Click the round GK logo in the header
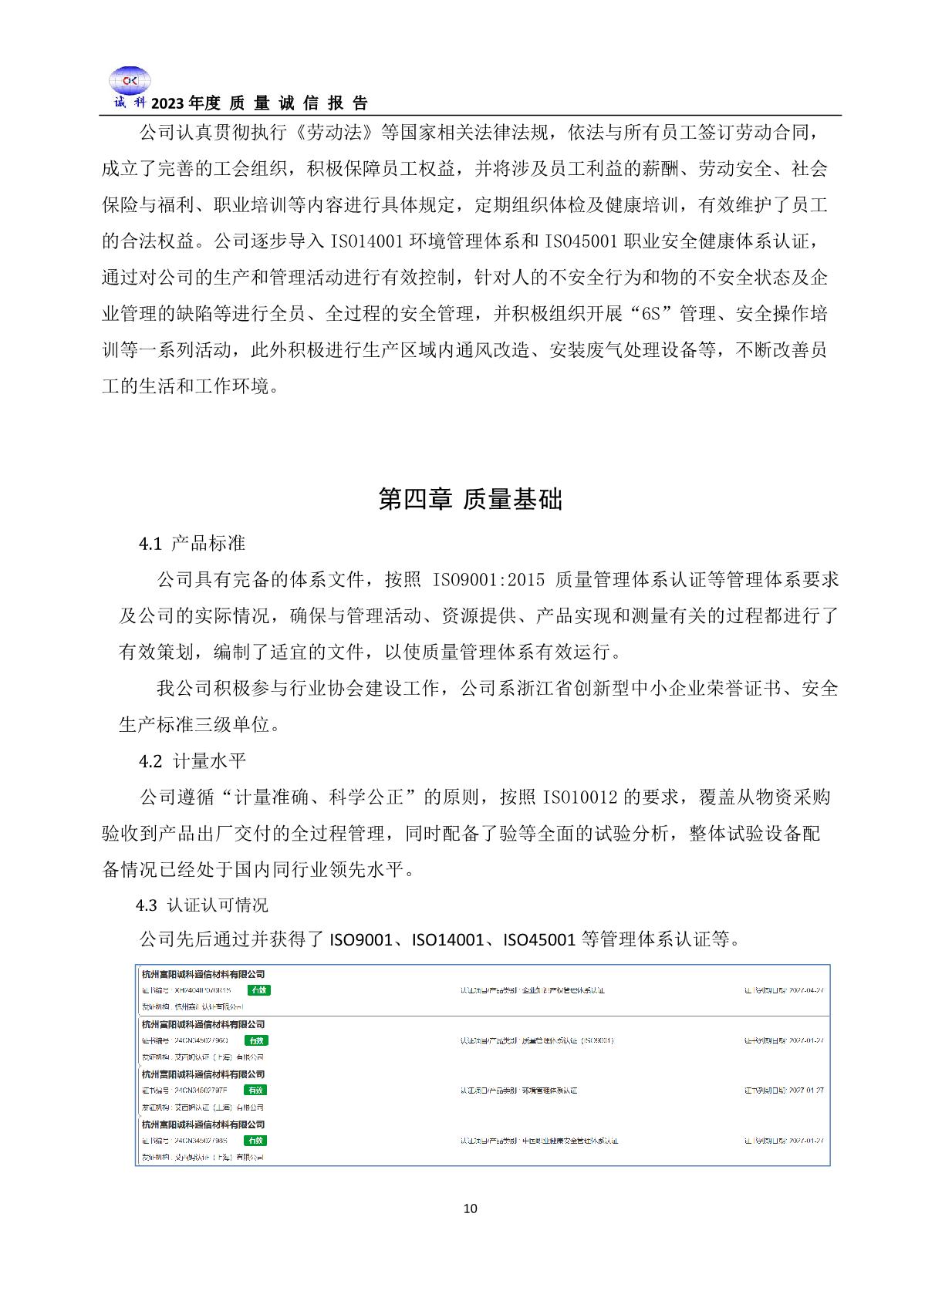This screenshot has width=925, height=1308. click(x=129, y=81)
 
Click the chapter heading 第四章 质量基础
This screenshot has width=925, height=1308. click(x=471, y=499)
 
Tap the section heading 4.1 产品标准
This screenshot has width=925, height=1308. click(x=192, y=544)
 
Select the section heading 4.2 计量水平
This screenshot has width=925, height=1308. click(x=192, y=761)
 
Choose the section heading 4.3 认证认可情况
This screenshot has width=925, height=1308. click(x=202, y=905)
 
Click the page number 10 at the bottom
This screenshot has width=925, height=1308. click(x=471, y=1209)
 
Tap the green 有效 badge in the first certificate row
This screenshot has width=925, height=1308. click(x=259, y=989)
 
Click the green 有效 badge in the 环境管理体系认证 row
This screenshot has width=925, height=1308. click(x=255, y=1090)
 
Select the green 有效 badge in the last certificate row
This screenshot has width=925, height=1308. click(x=255, y=1140)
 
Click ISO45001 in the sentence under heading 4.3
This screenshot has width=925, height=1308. click(x=539, y=940)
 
